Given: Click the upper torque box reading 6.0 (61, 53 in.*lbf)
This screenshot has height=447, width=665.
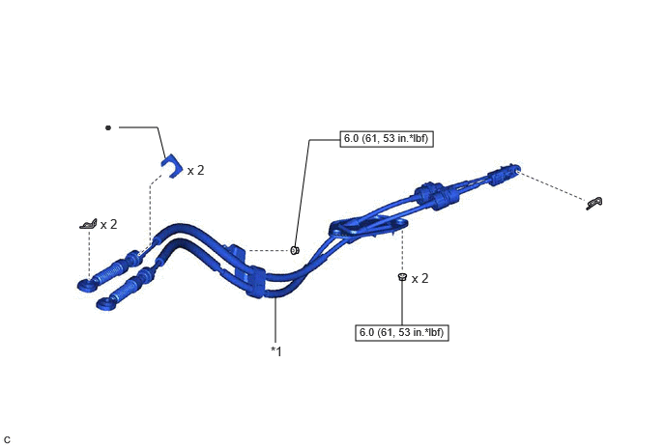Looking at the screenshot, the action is click(387, 139).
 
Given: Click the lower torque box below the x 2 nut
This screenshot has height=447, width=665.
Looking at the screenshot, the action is click(402, 333).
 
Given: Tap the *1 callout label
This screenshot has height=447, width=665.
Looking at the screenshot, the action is click(276, 351).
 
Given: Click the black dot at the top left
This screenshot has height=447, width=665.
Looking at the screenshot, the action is click(108, 127).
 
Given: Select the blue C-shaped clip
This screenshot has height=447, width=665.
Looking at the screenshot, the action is click(172, 166).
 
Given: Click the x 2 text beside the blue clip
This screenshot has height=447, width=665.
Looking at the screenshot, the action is click(195, 170).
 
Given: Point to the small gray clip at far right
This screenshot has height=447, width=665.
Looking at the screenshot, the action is click(594, 204).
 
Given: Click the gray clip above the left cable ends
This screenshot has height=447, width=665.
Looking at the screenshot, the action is click(88, 224).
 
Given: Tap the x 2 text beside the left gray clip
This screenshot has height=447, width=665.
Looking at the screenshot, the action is click(108, 225).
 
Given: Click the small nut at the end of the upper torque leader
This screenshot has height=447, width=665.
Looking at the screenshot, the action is click(295, 250).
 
